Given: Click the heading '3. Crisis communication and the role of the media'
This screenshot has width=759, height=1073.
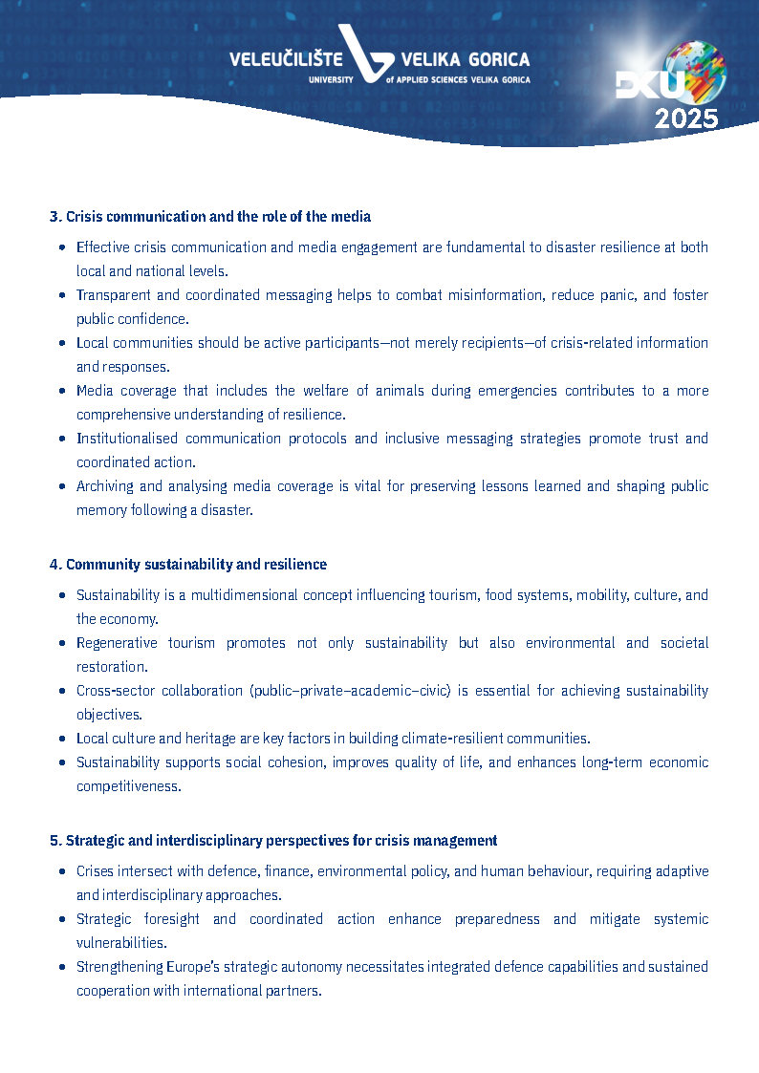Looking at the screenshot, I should (x=209, y=217).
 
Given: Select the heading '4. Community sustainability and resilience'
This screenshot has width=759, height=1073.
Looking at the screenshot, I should (x=187, y=565).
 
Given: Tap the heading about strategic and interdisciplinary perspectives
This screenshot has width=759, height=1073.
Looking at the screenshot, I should (x=273, y=841).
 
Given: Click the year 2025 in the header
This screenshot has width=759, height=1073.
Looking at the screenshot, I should (x=685, y=118).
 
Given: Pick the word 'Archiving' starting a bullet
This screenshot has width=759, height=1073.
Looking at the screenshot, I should (x=105, y=486).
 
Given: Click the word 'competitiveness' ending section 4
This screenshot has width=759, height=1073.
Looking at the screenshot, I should (x=128, y=786).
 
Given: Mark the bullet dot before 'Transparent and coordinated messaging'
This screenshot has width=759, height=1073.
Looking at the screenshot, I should (x=62, y=295).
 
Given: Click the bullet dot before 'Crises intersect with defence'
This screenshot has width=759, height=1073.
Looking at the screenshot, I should (x=62, y=871).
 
